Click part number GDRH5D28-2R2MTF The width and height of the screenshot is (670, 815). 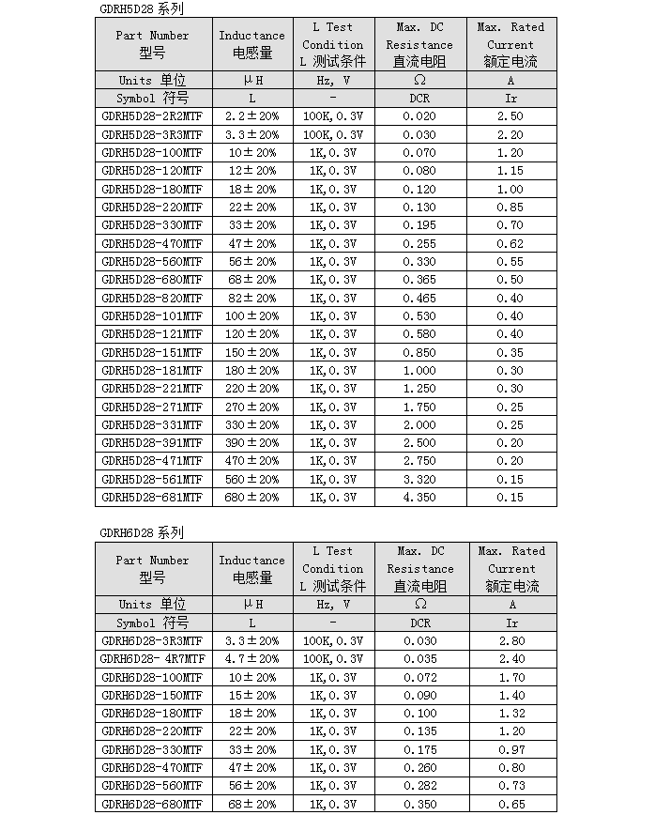(x=152, y=116)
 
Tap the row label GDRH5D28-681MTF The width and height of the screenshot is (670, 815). (x=152, y=498)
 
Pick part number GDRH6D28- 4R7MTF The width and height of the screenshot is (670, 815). (x=152, y=659)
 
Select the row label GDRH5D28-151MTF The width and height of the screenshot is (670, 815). (x=152, y=353)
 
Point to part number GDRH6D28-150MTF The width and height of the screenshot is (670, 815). (x=152, y=696)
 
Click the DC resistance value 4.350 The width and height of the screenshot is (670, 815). (x=419, y=498)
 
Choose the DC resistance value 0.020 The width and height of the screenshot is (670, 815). (x=419, y=116)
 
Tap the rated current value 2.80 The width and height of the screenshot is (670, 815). (x=511, y=641)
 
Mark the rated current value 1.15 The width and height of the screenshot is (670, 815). (x=510, y=171)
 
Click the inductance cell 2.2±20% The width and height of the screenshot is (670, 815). (x=251, y=116)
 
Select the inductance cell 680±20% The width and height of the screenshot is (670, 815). (x=251, y=498)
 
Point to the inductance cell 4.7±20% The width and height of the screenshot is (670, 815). (x=251, y=659)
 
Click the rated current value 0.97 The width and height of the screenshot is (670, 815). (x=511, y=750)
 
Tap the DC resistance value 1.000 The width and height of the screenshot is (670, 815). (x=419, y=371)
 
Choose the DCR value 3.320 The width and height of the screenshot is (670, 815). (x=419, y=480)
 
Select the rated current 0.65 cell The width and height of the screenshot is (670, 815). (x=511, y=805)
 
